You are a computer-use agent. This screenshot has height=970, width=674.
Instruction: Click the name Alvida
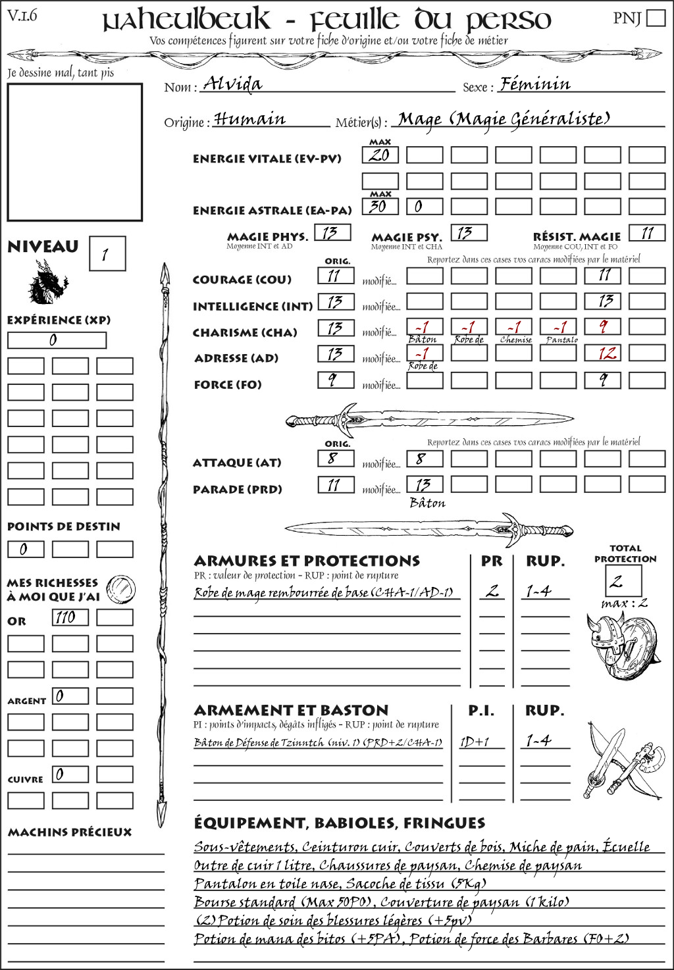tap(232, 84)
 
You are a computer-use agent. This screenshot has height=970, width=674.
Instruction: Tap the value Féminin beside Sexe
tap(535, 84)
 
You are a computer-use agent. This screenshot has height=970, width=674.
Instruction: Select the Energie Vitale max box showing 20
tap(380, 155)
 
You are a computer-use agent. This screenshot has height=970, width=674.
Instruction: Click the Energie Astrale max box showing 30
tap(380, 206)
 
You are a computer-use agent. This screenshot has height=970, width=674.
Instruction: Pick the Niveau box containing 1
tap(107, 253)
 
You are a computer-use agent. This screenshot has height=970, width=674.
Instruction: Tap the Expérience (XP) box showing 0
tap(57, 340)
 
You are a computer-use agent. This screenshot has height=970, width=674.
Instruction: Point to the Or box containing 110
tap(70, 617)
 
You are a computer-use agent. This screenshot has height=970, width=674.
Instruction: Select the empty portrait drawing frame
tap(74, 152)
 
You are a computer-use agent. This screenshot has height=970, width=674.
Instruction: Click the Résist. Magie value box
tap(647, 233)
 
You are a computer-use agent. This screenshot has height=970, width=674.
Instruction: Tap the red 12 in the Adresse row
tap(603, 353)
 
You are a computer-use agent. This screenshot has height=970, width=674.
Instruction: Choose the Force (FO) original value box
tap(336, 380)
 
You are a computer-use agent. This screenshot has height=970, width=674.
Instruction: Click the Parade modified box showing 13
tap(424, 484)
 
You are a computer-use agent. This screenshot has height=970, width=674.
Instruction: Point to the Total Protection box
tap(623, 580)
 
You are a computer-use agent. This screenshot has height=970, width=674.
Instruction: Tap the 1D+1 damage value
tap(475, 742)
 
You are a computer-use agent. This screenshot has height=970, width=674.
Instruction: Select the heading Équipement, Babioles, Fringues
tap(339, 823)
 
